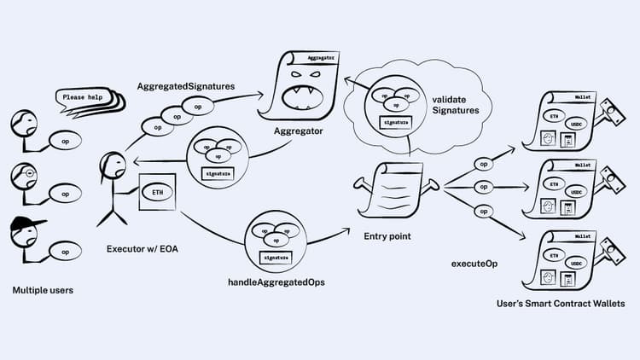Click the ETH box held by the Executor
158,192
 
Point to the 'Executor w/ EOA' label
143,249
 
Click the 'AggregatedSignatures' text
186,88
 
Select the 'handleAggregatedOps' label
272,282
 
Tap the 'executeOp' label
474,264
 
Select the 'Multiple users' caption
43,290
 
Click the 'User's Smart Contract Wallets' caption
561,303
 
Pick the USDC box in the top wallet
580,119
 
